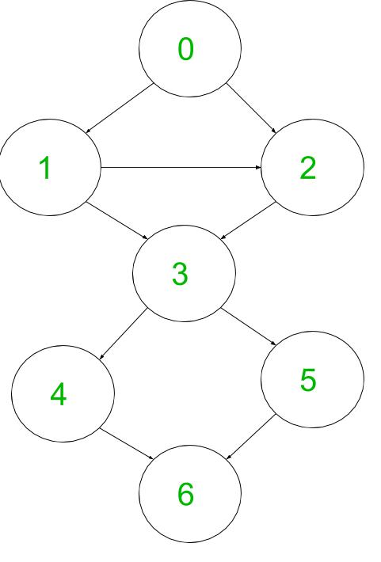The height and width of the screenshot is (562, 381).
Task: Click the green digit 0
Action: (186, 49)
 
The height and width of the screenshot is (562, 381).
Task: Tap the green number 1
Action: (45, 168)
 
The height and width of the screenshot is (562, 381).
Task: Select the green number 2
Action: (308, 168)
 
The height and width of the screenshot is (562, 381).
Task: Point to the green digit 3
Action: (180, 274)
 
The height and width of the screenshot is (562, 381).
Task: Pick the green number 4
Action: (58, 394)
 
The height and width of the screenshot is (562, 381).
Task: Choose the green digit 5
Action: (308, 379)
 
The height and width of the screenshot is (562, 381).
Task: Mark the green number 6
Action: (186, 494)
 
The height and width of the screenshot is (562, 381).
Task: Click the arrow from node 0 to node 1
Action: (120, 108)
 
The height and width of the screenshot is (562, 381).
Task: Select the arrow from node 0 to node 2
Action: (251, 108)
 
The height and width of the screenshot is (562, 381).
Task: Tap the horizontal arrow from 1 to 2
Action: (181, 167)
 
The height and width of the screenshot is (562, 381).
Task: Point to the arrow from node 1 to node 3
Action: (117, 221)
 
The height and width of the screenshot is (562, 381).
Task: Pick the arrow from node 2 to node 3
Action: (248, 220)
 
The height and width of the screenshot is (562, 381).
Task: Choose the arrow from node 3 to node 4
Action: (123, 334)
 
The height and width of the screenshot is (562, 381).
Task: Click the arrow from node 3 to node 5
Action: (249, 327)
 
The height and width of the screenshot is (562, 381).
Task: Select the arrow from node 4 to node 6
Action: (127, 444)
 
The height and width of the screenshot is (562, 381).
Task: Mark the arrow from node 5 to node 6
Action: (251, 437)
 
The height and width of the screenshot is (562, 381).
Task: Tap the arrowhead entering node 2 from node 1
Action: (258, 167)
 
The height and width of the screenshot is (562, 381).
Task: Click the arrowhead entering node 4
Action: (101, 357)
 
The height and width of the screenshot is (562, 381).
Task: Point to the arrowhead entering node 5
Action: (274, 344)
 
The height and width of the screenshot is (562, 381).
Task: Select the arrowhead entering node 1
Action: (88, 131)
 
